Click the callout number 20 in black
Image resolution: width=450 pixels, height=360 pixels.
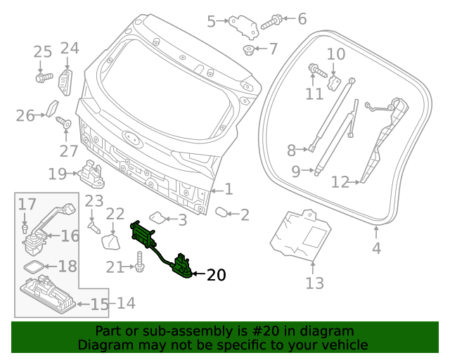point(216,276)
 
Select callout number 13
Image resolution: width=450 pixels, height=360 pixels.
point(314,283)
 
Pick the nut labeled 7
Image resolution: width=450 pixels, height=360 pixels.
point(248,49)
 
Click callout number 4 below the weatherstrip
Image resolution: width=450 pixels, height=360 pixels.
point(376,247)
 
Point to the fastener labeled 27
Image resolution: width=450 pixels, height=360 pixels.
point(61,122)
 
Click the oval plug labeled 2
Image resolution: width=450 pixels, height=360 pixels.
point(221,212)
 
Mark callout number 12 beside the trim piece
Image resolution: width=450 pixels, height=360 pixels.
point(340,183)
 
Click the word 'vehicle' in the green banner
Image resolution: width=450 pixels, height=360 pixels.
point(344,345)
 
